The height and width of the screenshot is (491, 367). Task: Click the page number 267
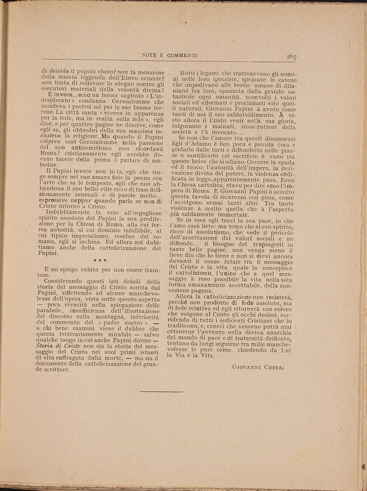point(291,56)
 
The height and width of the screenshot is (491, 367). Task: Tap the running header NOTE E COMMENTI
point(169,56)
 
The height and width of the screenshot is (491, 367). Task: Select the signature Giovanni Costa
point(258,366)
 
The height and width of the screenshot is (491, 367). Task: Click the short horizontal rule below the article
point(161,391)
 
